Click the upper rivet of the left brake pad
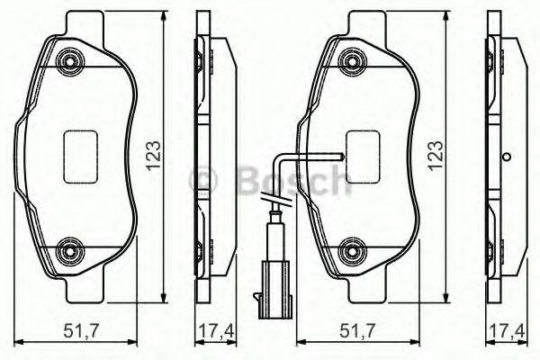(x=70, y=62)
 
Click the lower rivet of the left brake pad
(x=70, y=251)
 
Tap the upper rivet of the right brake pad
(x=352, y=62)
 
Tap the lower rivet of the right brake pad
(x=352, y=251)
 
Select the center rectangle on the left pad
(x=81, y=157)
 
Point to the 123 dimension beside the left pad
(x=154, y=156)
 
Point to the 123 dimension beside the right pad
(x=435, y=156)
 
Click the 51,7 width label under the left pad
(x=81, y=331)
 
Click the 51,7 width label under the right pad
(x=356, y=331)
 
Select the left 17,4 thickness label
(x=217, y=331)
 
